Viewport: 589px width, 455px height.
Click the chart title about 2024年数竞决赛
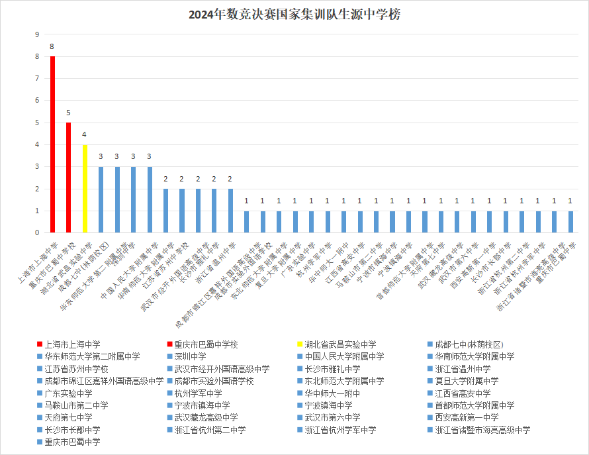(294, 15)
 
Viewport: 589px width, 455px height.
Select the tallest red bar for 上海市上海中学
(52, 144)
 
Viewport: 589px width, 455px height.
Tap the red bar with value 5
(68, 177)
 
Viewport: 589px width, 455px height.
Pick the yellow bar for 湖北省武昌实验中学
(85, 189)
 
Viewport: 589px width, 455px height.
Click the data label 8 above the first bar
(52, 47)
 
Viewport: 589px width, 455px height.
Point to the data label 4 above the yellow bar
(84, 135)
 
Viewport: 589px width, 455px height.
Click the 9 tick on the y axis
(37, 34)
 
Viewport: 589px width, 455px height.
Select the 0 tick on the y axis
(37, 233)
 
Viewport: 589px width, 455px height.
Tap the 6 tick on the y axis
(37, 101)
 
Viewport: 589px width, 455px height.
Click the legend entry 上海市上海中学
(72, 344)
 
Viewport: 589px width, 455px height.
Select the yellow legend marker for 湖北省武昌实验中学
(300, 344)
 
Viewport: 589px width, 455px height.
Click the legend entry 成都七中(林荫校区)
(469, 344)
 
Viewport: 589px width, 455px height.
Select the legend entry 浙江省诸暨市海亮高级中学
(482, 430)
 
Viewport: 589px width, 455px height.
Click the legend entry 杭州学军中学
(197, 393)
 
